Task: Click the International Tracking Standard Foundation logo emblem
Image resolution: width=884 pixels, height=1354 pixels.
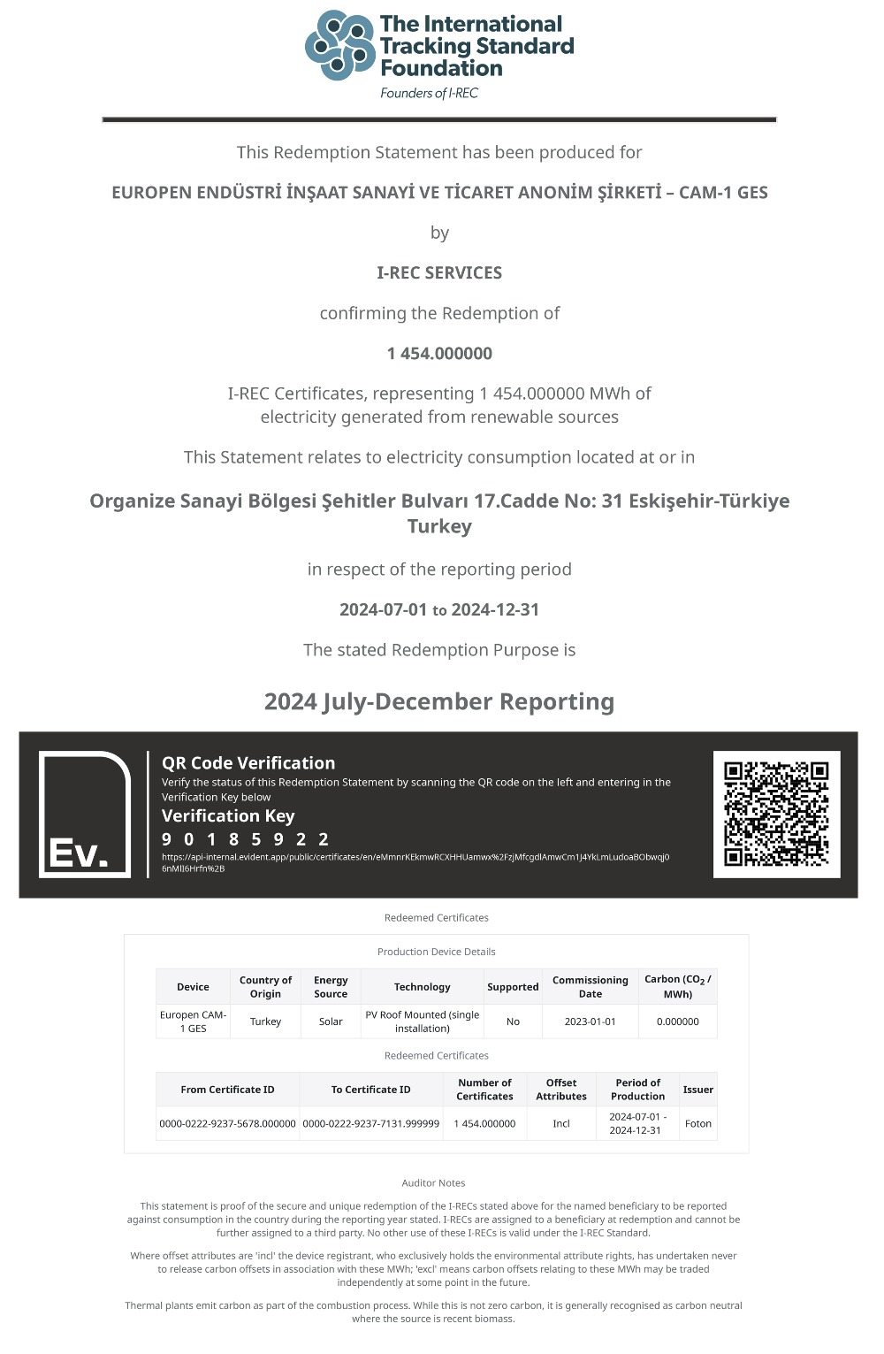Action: [339, 45]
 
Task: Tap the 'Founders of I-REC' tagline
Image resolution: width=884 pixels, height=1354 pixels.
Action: [429, 93]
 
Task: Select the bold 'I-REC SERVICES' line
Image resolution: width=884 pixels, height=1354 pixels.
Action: [439, 272]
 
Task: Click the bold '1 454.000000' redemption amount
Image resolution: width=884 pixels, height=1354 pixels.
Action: [439, 353]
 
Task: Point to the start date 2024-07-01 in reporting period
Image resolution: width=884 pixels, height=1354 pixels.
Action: [383, 609]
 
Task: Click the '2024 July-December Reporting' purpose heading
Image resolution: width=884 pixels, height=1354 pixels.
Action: [439, 701]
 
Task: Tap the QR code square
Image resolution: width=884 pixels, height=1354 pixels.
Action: [776, 814]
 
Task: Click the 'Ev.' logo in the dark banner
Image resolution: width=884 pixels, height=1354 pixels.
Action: [84, 815]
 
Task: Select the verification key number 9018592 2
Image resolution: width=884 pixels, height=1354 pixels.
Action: [246, 839]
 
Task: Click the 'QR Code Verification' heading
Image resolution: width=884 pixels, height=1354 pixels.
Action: [248, 763]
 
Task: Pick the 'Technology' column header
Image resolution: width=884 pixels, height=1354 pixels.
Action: [422, 987]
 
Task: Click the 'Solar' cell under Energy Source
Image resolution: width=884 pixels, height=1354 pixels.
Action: [331, 1021]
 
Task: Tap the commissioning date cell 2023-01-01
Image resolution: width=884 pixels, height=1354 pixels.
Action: [590, 1021]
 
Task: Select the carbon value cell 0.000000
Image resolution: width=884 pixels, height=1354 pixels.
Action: [677, 1021]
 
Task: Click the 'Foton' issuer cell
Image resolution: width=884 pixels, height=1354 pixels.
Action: [698, 1124]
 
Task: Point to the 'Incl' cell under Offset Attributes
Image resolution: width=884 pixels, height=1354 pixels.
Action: [561, 1124]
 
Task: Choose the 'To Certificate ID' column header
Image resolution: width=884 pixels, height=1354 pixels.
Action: [370, 1090]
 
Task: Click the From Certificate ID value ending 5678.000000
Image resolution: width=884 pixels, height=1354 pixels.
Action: [227, 1124]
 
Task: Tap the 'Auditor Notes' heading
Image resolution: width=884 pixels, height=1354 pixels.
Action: [433, 1183]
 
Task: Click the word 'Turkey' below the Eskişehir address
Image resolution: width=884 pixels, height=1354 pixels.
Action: [439, 526]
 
